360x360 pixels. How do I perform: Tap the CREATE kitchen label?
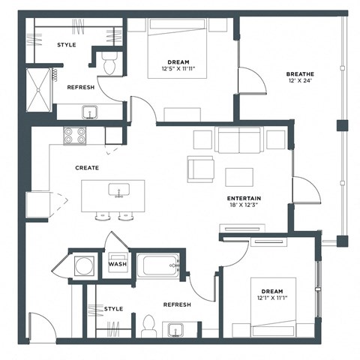(x=88, y=168)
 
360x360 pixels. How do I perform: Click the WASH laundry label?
(x=117, y=264)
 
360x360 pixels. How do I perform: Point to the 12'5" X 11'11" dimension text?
(x=179, y=70)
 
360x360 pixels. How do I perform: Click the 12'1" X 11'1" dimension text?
(x=272, y=299)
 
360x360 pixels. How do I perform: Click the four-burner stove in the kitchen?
(x=74, y=135)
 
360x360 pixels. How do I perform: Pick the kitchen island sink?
(x=118, y=190)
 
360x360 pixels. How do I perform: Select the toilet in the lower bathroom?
(x=148, y=324)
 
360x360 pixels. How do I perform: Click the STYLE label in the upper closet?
(x=67, y=45)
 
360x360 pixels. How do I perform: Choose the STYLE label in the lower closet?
(x=113, y=308)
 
